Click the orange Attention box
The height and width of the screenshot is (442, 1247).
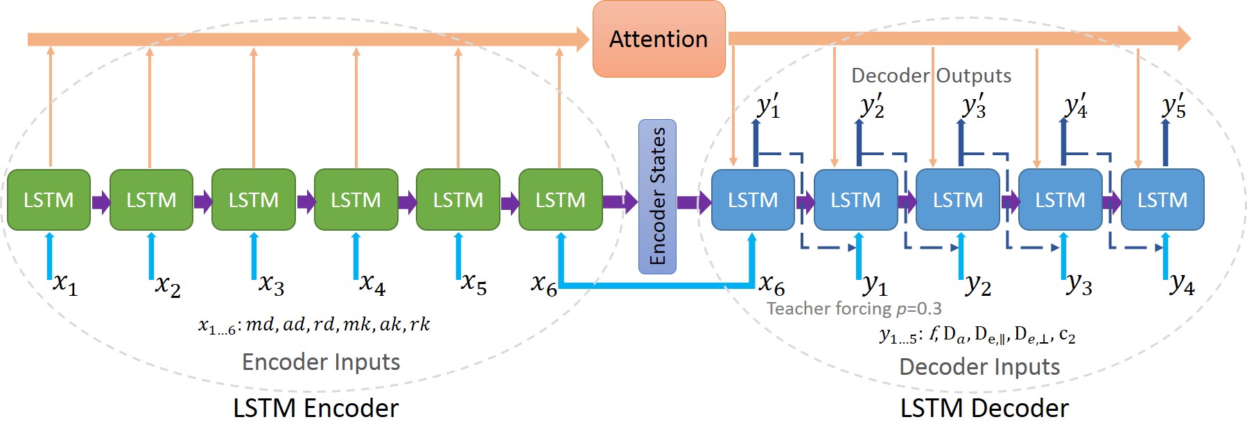tap(659, 39)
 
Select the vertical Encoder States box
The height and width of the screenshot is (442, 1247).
tap(657, 197)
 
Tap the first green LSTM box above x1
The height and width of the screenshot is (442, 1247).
tap(49, 200)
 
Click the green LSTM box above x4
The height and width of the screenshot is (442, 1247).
tap(356, 200)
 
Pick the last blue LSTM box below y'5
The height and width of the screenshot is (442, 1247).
tap(1162, 200)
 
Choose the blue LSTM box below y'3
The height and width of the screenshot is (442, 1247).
tap(958, 200)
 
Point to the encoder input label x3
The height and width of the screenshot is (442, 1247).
tap(272, 284)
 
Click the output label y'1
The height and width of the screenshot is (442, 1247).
tap(768, 106)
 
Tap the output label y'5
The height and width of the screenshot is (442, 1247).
tap(1174, 106)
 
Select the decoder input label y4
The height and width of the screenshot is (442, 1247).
tap(1183, 284)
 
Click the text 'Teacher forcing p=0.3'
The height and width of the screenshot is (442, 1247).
tap(854, 308)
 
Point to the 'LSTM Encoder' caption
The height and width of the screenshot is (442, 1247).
tap(315, 409)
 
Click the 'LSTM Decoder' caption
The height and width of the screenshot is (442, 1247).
tap(984, 409)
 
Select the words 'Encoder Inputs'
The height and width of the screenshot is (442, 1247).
tap(321, 362)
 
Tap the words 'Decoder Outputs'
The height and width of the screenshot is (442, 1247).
tap(931, 76)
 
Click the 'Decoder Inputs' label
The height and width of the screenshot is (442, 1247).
tap(979, 366)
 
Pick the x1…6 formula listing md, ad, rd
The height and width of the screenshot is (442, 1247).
tap(314, 324)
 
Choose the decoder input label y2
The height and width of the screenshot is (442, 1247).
tap(978, 284)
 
